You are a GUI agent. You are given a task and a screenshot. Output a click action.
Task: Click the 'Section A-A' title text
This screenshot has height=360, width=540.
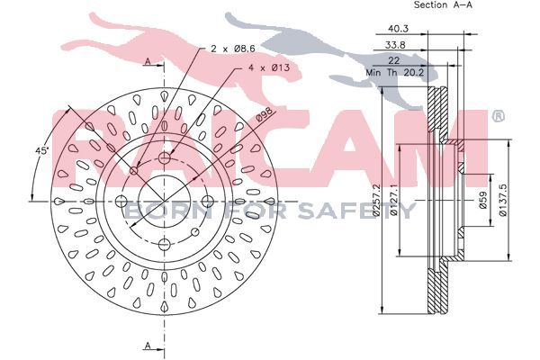443,4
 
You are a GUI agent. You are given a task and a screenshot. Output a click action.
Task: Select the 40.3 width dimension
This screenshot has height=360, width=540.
398,29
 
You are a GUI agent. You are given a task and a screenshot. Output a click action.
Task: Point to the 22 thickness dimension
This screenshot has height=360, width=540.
393,60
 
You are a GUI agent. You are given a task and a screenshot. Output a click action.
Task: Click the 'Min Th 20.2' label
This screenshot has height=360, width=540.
395,73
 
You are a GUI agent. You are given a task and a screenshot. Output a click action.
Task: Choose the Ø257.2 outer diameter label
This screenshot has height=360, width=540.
377,200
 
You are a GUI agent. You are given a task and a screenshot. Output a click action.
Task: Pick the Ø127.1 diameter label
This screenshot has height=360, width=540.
394,200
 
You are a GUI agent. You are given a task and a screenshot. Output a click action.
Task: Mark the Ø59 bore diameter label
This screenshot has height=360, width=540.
482,200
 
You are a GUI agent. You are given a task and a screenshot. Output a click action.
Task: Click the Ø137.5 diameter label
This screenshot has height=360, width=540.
502,200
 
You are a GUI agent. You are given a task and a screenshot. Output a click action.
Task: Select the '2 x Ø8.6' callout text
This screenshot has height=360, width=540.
233,49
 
